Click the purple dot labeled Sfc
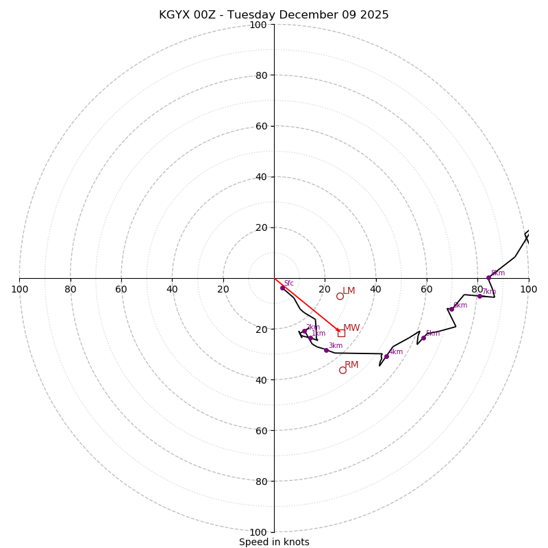pyautogui.click(x=282, y=288)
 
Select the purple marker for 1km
pyautogui.click(x=310, y=338)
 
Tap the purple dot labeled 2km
pyautogui.click(x=305, y=332)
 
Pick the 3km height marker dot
pyautogui.click(x=326, y=350)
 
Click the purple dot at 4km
pyautogui.click(x=386, y=356)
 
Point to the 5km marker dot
pyautogui.click(x=423, y=338)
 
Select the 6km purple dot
pyautogui.click(x=451, y=309)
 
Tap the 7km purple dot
pyautogui.click(x=480, y=296)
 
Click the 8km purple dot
pyautogui.click(x=488, y=277)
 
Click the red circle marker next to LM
pyautogui.click(x=340, y=296)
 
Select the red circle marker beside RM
pyautogui.click(x=342, y=370)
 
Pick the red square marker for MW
pyautogui.click(x=341, y=333)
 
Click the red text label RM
pyautogui.click(x=351, y=365)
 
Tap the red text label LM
pyautogui.click(x=349, y=291)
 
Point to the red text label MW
pyautogui.click(x=351, y=328)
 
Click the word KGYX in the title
pyautogui.click(x=173, y=15)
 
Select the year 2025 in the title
pyautogui.click(x=375, y=15)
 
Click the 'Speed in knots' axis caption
pyautogui.click(x=274, y=542)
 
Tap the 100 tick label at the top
pyautogui.click(x=258, y=25)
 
